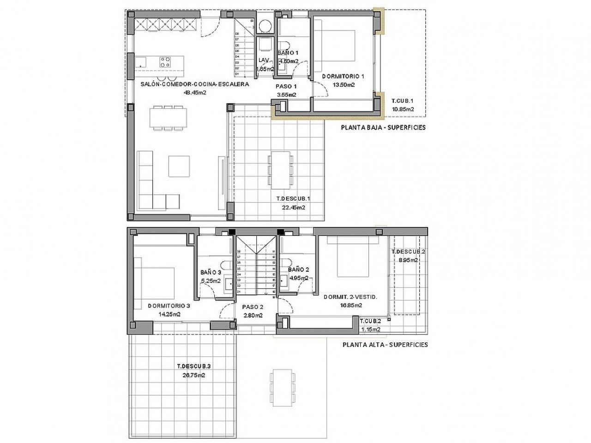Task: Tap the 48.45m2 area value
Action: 195,92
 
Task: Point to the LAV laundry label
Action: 264,60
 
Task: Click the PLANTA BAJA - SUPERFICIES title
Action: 383,127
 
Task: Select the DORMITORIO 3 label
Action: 169,305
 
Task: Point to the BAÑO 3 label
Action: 210,272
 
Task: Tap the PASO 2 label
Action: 253,307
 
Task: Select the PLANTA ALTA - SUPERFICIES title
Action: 385,344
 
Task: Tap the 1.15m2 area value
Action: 371,329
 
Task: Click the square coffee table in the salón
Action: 179,166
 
